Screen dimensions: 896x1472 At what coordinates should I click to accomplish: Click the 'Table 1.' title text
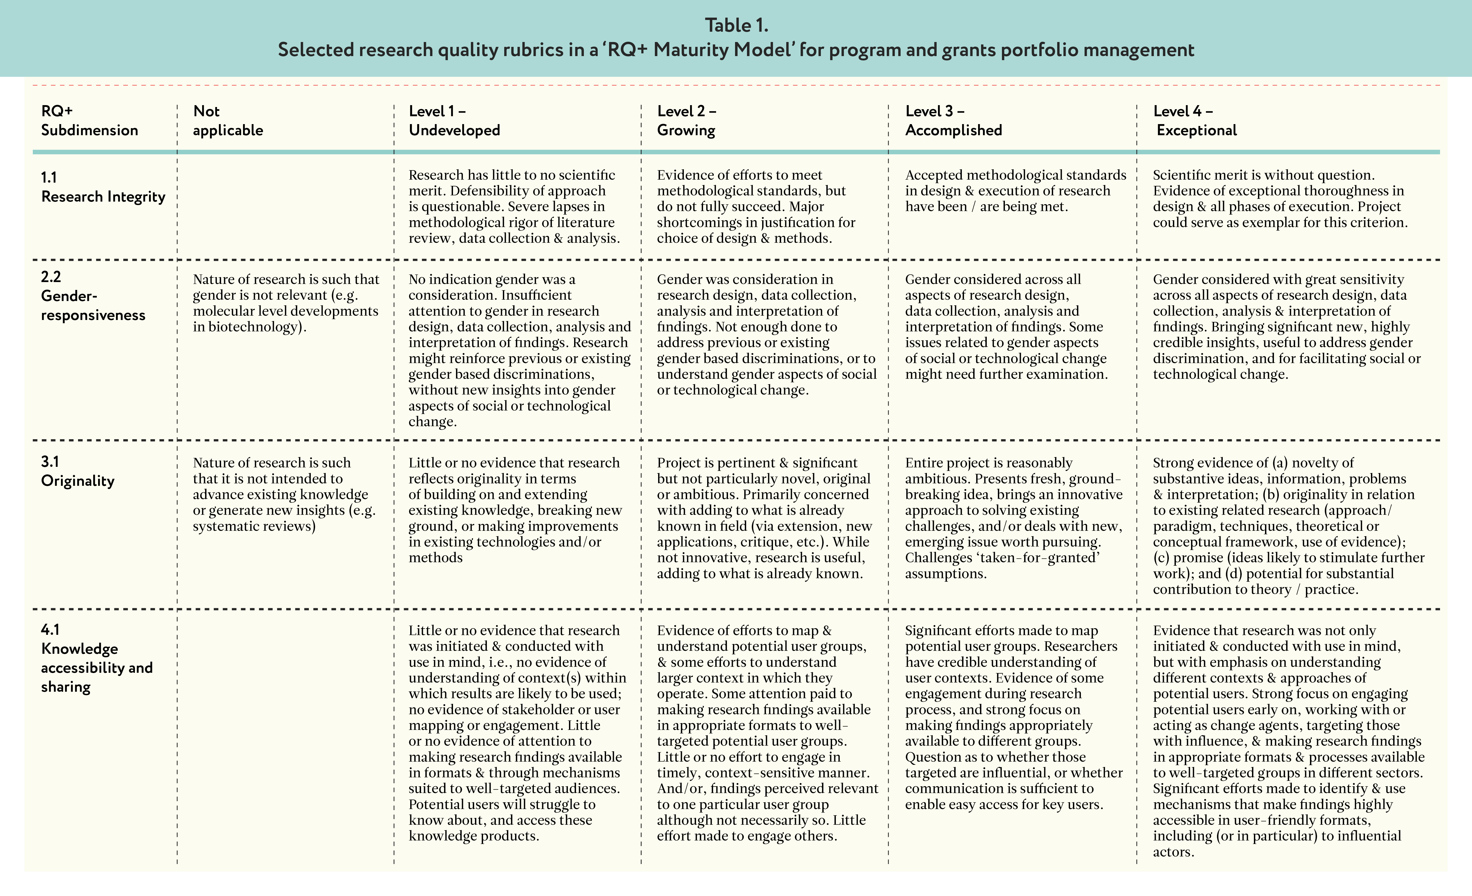[736, 25]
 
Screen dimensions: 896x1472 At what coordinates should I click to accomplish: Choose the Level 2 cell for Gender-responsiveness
[766, 335]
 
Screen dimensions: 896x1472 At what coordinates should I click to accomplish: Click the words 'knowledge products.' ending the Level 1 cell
[473, 836]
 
